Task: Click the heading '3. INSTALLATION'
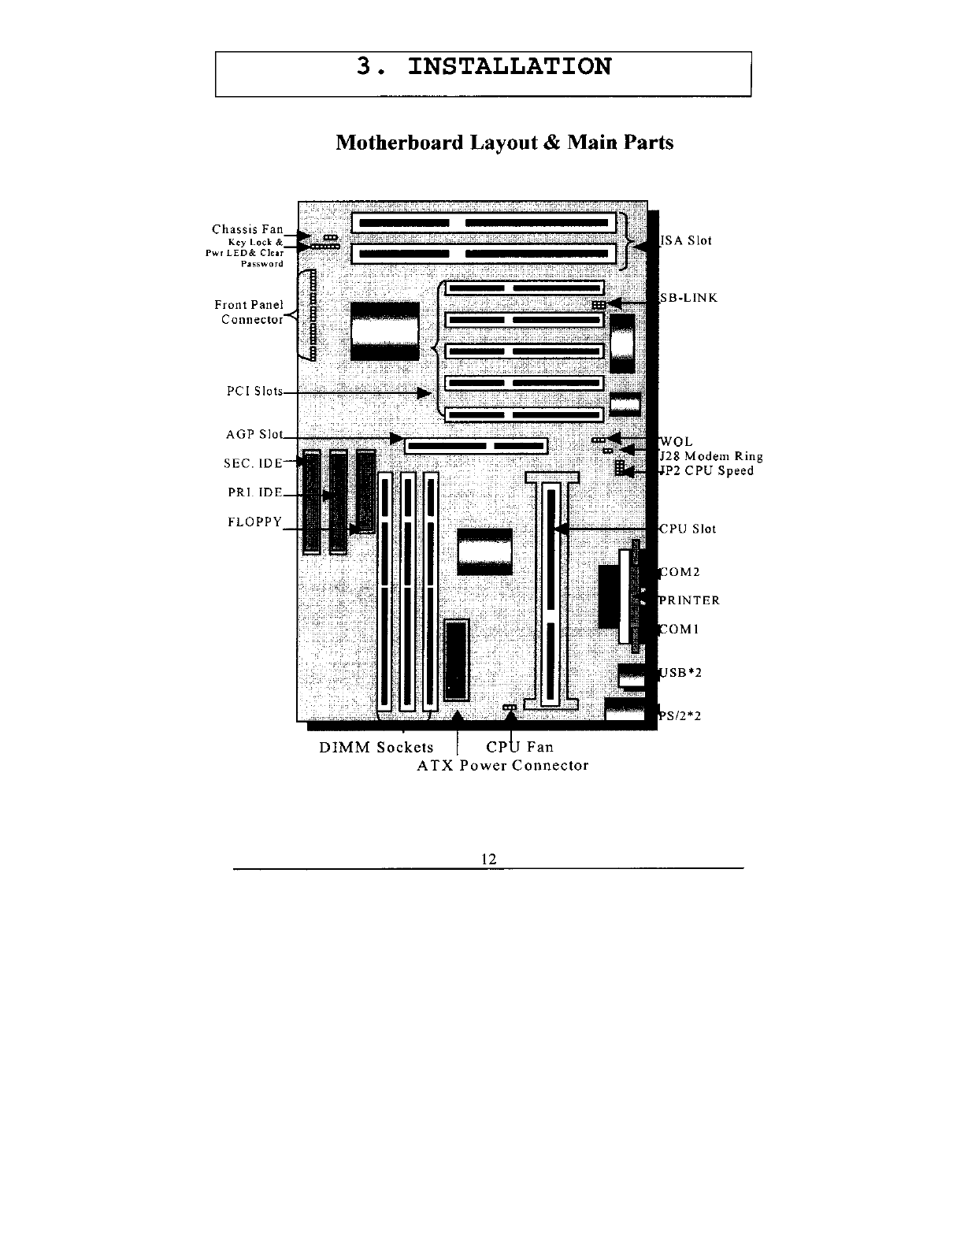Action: click(x=484, y=67)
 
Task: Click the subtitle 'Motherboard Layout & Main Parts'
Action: click(x=504, y=143)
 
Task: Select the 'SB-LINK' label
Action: click(x=688, y=299)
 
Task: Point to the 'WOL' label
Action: click(x=677, y=443)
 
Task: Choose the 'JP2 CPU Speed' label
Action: click(x=706, y=471)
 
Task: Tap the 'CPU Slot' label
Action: click(x=688, y=529)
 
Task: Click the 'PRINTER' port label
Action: click(x=689, y=600)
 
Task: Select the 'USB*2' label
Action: click(x=680, y=673)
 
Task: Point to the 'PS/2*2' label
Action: click(x=680, y=716)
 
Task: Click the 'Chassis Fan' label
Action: click(x=247, y=229)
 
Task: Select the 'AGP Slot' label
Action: click(x=254, y=434)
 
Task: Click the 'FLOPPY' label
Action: click(x=254, y=522)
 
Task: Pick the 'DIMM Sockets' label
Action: click(x=376, y=748)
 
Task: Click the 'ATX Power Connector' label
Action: click(x=502, y=766)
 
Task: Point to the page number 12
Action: click(x=488, y=859)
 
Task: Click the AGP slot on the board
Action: click(x=476, y=447)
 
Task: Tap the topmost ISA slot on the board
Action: click(x=483, y=224)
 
